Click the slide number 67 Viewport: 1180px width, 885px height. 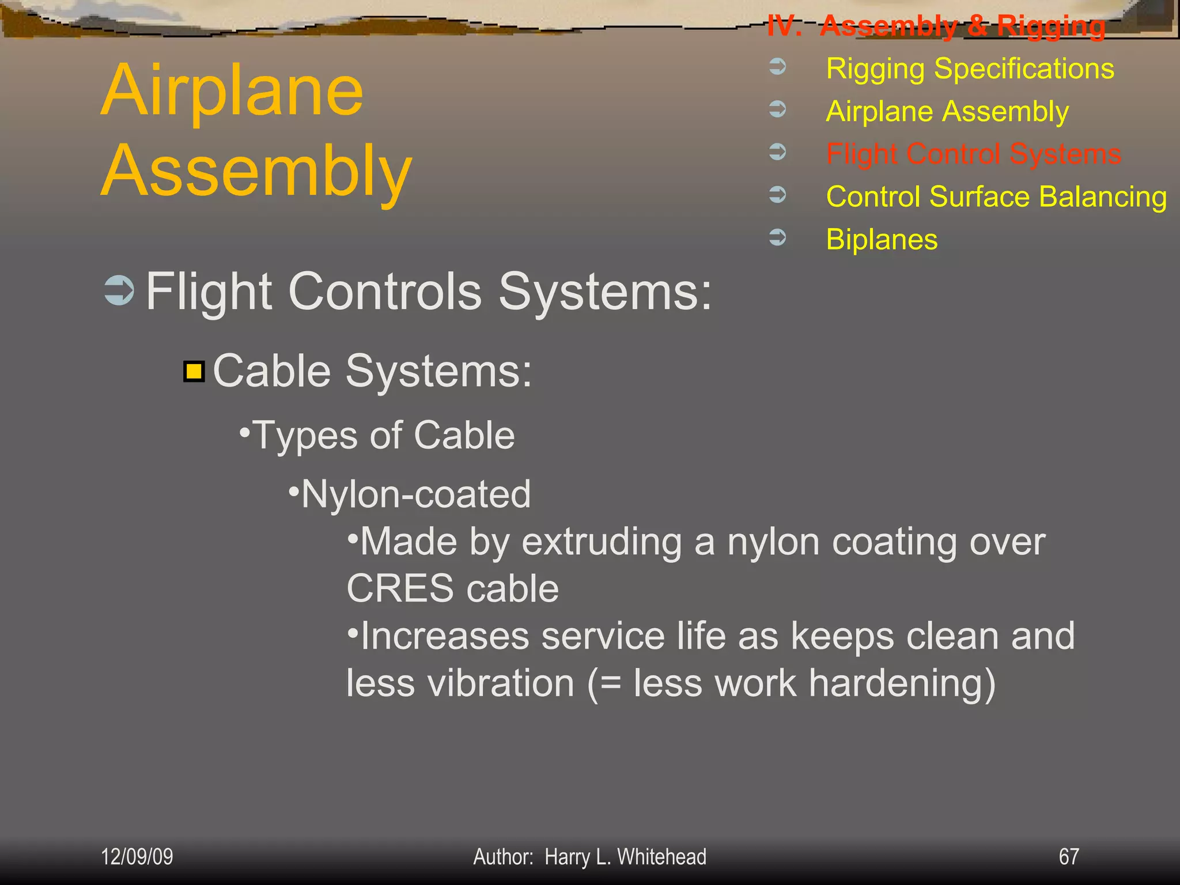pos(1068,856)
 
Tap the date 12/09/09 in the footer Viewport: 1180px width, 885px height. pos(137,856)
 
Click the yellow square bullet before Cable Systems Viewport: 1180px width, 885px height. pos(194,372)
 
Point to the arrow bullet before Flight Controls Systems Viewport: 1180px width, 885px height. pos(119,291)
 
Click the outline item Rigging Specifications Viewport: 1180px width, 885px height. pos(970,69)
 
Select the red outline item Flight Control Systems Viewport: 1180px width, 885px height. pos(973,154)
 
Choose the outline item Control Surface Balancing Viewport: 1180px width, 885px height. pos(996,196)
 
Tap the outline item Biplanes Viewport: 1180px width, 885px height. pos(882,239)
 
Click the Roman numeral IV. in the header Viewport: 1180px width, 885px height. pos(784,26)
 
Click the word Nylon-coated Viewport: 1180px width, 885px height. pos(415,494)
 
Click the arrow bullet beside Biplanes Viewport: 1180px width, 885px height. pos(777,237)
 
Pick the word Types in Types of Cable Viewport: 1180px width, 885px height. pos(305,435)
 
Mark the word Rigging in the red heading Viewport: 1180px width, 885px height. pos(1051,27)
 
